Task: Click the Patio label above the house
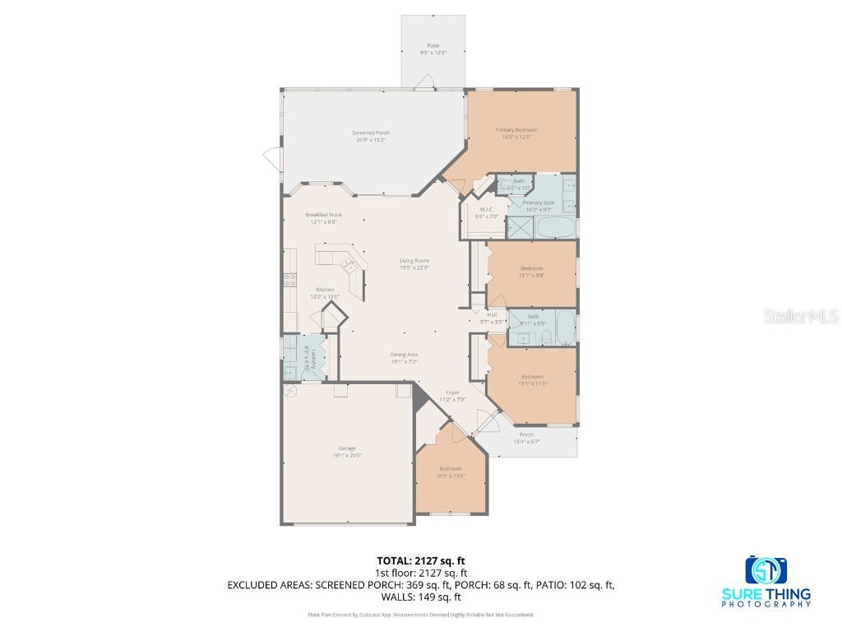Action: pyautogui.click(x=433, y=45)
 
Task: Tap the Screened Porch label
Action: pyautogui.click(x=371, y=132)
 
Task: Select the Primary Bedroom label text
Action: pyautogui.click(x=516, y=130)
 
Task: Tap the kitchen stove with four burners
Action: pyautogui.click(x=290, y=280)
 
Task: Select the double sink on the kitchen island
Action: pyautogui.click(x=348, y=265)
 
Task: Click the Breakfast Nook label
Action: pyautogui.click(x=323, y=215)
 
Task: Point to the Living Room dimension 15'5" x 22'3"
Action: pyautogui.click(x=414, y=267)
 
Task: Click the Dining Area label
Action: pyautogui.click(x=404, y=354)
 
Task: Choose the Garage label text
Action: pyautogui.click(x=346, y=448)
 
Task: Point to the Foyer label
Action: pyautogui.click(x=452, y=393)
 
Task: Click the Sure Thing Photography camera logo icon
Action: pyautogui.click(x=766, y=569)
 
